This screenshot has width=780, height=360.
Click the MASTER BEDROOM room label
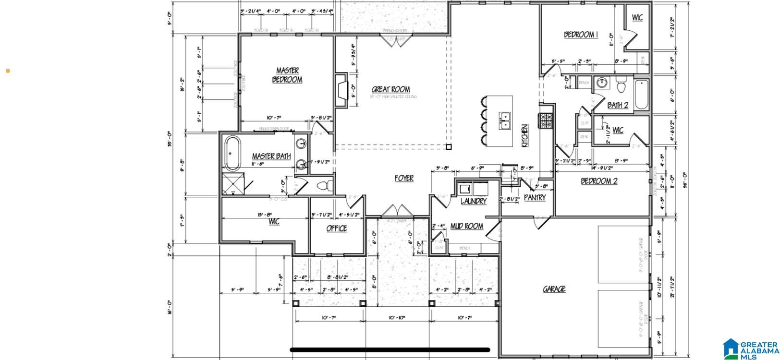pos(287,75)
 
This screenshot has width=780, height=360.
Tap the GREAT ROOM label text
pos(391,89)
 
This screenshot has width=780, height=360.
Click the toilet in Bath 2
pos(621,86)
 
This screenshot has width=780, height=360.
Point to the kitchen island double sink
pos(504,120)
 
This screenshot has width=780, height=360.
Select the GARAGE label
pos(554,289)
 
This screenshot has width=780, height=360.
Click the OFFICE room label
pos(336,228)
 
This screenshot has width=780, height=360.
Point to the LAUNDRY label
pos(473,201)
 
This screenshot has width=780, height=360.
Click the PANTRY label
pos(534,197)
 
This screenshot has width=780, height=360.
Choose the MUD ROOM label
pos(466,226)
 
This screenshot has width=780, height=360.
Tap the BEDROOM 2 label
pos(599,181)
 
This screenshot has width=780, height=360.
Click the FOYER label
pos(404,178)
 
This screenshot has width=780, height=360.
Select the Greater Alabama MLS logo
pos(751,349)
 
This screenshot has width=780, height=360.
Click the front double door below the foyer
pos(396,211)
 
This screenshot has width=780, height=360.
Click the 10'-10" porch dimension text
pos(397,318)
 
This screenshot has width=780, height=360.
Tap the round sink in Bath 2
pos(601,83)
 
